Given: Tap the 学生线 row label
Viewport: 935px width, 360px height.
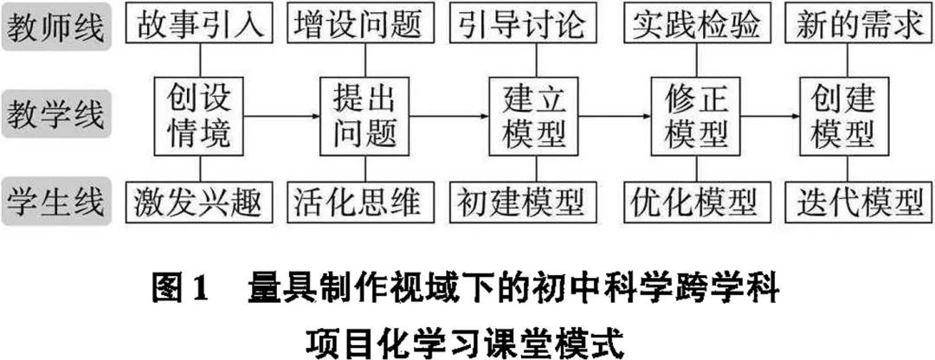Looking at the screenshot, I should pos(56,202).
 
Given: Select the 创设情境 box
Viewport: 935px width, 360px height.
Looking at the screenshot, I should pos(200,115).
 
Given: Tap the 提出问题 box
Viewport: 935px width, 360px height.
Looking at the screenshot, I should pos(364,115).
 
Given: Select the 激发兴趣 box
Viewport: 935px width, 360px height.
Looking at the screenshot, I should pos(200,202).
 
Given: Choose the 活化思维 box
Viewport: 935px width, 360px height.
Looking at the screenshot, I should pos(364,202).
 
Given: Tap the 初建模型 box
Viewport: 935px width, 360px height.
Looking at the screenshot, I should pos(529,202).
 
